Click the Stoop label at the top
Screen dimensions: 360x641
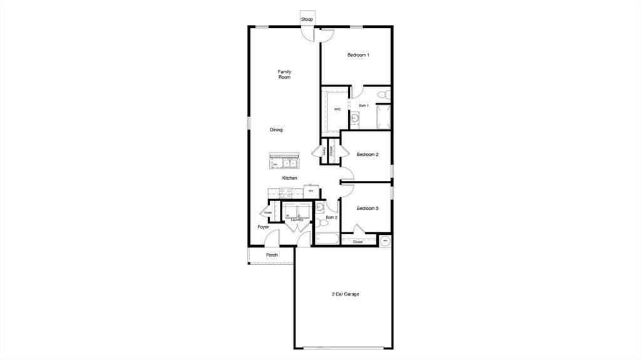point(307,19)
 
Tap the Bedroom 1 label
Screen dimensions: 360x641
point(358,55)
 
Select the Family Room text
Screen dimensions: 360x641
point(284,75)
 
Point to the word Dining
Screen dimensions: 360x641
point(276,130)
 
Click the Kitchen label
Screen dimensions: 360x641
point(289,178)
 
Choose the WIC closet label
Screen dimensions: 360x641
point(337,109)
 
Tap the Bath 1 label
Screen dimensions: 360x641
point(364,106)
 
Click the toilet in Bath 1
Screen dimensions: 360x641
point(387,95)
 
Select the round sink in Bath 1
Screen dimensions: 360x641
point(355,117)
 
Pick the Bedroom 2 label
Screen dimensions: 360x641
point(367,155)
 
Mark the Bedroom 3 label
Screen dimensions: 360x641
point(367,208)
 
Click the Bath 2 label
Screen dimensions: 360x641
point(331,217)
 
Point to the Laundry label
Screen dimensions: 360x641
point(297,220)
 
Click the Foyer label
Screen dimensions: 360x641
point(264,227)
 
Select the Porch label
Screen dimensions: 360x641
point(272,255)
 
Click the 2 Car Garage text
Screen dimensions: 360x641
point(346,294)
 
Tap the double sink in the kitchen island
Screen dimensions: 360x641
point(289,164)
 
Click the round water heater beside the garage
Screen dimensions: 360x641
point(385,240)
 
